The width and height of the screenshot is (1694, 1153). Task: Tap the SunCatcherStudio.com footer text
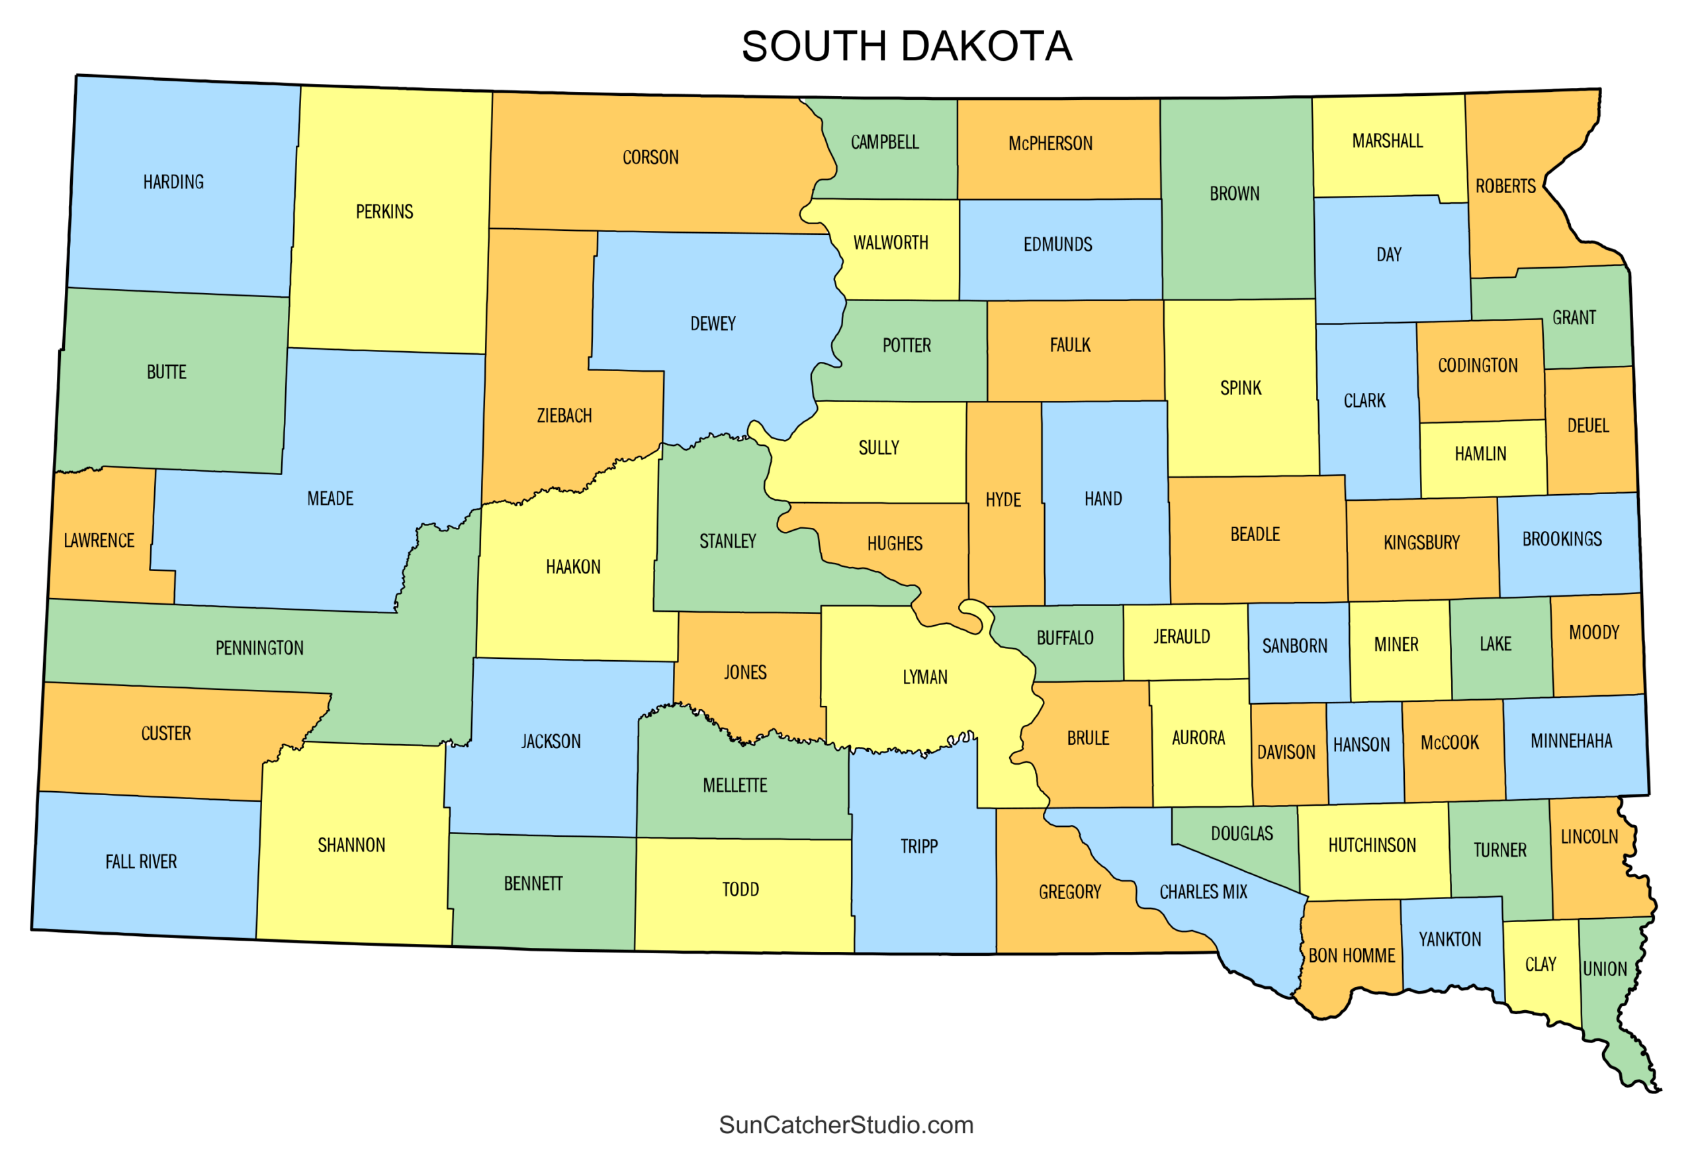pyautogui.click(x=846, y=1125)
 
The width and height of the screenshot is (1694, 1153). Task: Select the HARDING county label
pyautogui.click(x=173, y=181)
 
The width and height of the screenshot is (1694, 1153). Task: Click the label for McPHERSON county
pyautogui.click(x=1050, y=144)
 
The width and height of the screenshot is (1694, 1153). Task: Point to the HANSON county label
pyautogui.click(x=1361, y=745)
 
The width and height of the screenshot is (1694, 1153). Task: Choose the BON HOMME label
pyautogui.click(x=1351, y=955)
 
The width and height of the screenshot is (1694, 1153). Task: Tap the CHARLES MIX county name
pyautogui.click(x=1203, y=892)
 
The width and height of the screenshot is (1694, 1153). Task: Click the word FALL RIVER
pyautogui.click(x=141, y=861)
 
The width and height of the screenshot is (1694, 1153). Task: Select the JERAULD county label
pyautogui.click(x=1182, y=637)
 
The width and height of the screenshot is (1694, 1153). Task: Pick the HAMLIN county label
pyautogui.click(x=1480, y=454)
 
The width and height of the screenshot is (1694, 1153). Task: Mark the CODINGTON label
pyautogui.click(x=1478, y=365)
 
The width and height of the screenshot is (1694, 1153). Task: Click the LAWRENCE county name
pyautogui.click(x=99, y=541)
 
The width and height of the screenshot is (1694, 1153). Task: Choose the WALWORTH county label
pyautogui.click(x=891, y=243)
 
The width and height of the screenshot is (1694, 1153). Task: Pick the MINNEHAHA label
pyautogui.click(x=1571, y=741)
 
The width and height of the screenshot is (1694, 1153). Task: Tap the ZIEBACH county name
pyautogui.click(x=564, y=415)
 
